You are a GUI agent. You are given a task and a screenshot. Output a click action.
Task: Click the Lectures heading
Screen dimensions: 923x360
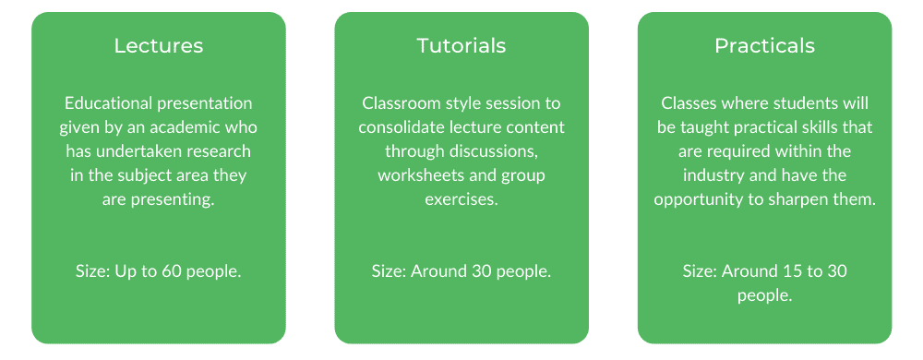click(x=159, y=46)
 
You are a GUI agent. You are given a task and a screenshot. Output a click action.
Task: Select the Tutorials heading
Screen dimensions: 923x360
click(x=461, y=46)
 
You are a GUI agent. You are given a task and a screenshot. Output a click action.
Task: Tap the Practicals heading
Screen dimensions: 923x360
click(x=764, y=46)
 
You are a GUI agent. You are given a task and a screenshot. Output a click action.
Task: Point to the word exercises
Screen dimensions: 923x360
click(x=461, y=199)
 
